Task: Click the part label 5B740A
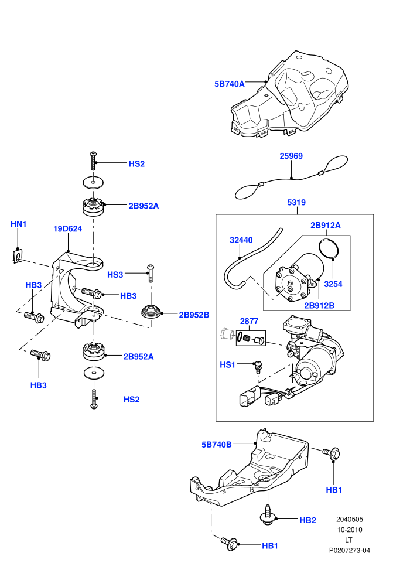click(229, 84)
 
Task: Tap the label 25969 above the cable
click(291, 156)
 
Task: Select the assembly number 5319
click(296, 202)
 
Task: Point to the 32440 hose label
click(241, 240)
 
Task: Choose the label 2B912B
click(319, 306)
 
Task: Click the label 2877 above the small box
click(249, 321)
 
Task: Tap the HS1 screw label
click(227, 365)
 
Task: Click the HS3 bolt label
click(115, 274)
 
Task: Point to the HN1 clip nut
click(16, 256)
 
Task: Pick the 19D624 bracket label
click(68, 228)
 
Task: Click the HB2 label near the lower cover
click(307, 520)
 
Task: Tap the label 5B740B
click(217, 445)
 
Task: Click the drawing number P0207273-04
click(350, 550)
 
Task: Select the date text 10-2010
click(350, 530)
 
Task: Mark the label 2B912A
click(325, 226)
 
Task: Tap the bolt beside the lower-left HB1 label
click(230, 543)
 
